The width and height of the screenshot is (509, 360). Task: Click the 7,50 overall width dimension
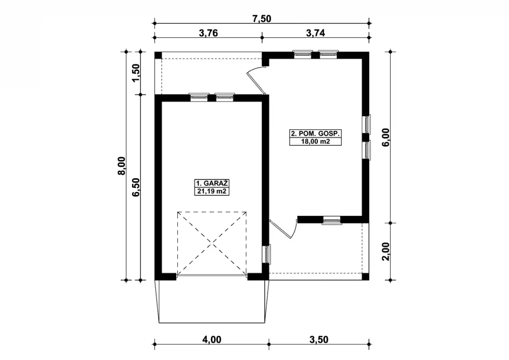click(262, 19)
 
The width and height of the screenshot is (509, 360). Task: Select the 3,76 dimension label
click(208, 33)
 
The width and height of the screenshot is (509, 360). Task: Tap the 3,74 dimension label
click(315, 33)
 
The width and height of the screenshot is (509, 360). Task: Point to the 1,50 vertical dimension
click(136, 73)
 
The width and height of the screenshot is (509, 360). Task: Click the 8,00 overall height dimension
click(122, 166)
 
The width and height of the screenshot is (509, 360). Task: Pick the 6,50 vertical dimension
click(136, 187)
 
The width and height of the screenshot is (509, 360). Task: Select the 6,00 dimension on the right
click(386, 137)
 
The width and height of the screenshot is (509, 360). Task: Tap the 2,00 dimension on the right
click(386, 252)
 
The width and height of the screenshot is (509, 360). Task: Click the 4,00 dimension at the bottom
click(212, 340)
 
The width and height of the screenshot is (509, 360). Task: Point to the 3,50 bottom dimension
click(319, 340)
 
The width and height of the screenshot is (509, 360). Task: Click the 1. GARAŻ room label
click(212, 183)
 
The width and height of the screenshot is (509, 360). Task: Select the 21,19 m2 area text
click(212, 191)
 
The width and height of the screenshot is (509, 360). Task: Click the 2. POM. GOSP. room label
click(315, 134)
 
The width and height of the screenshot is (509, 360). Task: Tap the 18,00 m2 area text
click(315, 141)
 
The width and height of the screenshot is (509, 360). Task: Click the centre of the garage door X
click(212, 244)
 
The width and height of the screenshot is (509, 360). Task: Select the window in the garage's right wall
click(266, 254)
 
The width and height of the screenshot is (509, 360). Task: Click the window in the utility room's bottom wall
click(332, 221)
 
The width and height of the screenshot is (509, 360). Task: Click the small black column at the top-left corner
click(158, 55)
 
